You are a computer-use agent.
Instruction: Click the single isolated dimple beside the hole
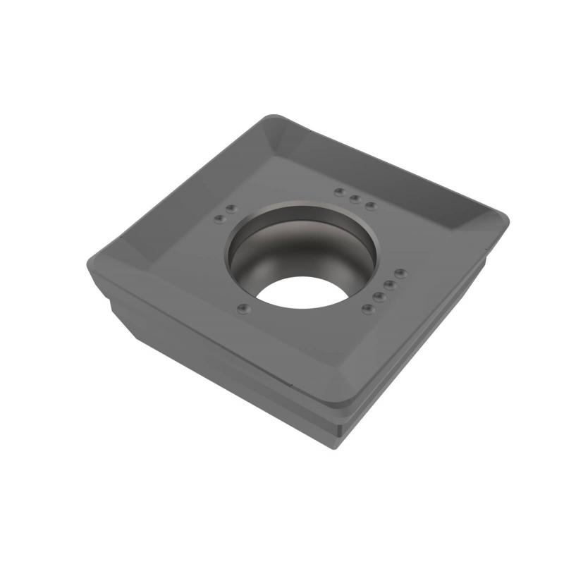point(244,307)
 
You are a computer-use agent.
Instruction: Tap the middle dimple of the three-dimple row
point(355,200)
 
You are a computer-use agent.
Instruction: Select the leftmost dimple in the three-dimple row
point(340,192)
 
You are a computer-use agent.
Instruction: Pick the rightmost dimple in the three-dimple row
point(370,206)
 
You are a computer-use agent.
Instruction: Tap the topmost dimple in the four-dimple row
point(400,272)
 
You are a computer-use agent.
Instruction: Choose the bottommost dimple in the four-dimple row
point(365,309)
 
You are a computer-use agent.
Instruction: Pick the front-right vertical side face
point(430,331)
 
